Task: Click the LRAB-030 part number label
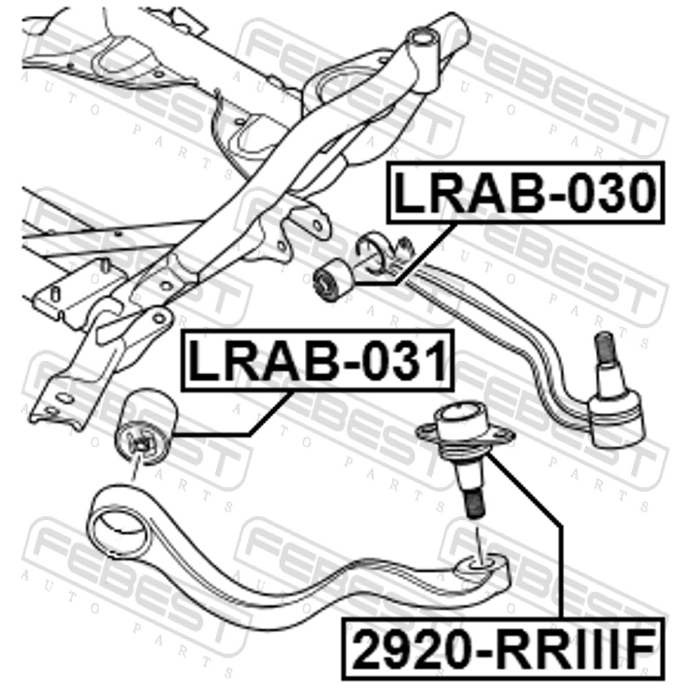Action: tap(525, 193)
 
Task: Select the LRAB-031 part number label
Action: tap(316, 360)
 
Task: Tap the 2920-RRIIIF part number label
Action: tap(504, 647)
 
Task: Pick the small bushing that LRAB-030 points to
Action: tap(333, 279)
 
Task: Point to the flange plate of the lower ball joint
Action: tap(465, 434)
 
